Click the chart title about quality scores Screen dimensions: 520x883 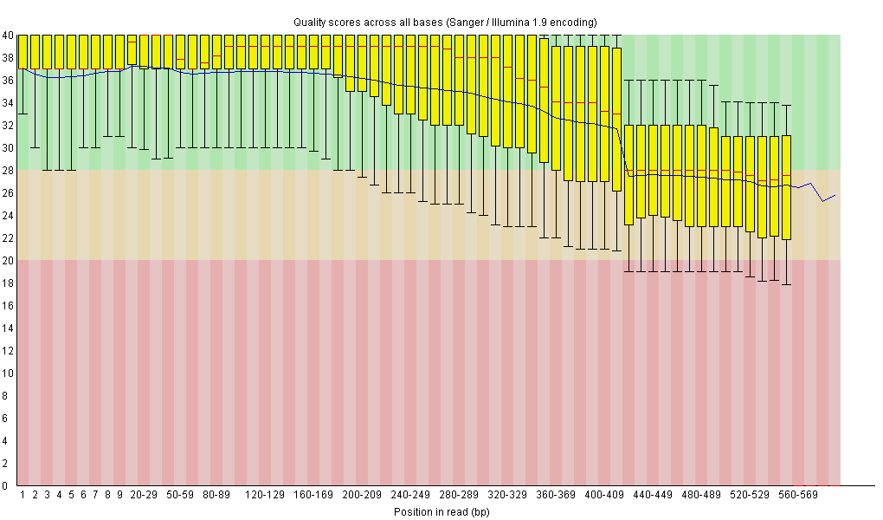pos(445,22)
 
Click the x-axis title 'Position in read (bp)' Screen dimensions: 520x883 pos(442,511)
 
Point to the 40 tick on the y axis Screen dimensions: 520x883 pos(7,36)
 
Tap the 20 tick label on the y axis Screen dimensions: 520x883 pos(7,261)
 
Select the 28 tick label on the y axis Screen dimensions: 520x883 pos(7,171)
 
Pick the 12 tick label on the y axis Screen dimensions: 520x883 pos(7,351)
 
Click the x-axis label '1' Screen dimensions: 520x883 pos(23,496)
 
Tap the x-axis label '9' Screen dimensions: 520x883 pos(119,496)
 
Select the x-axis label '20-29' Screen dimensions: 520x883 pos(144,496)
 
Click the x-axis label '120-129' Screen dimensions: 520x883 pos(265,496)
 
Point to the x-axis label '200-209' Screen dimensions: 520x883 pos(362,496)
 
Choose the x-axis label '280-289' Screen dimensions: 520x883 pos(459,496)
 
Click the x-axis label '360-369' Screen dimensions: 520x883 pos(556,496)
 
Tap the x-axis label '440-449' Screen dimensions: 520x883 pos(653,496)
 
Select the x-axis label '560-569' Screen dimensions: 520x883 pos(798,496)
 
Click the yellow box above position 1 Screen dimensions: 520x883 pos(23,51)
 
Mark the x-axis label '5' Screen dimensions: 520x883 pos(72,496)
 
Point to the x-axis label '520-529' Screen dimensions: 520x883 pos(750,496)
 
